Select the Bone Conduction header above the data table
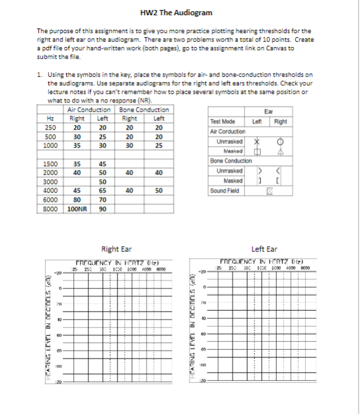pos(143,110)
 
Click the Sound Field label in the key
pos(223,190)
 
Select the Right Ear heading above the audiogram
pos(116,249)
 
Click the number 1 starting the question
pos(39,75)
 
